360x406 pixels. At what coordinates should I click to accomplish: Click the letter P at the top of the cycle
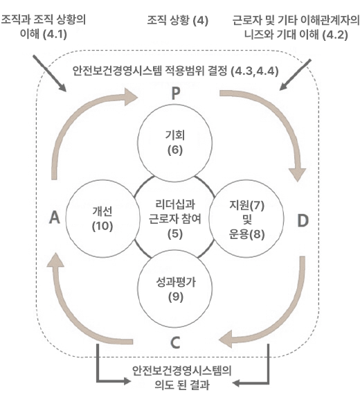pos(176,94)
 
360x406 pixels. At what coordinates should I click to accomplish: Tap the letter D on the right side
pos(303,220)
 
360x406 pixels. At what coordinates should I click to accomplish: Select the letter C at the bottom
pos(175,343)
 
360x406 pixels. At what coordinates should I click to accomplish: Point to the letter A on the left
pos(55,217)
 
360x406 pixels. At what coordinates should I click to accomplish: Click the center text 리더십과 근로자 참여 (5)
pos(175,219)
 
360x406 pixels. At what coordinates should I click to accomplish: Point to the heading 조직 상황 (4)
pos(178,20)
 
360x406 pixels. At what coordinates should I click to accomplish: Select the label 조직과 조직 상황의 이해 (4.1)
pos(44,26)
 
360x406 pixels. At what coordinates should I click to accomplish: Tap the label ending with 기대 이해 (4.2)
pos(296,27)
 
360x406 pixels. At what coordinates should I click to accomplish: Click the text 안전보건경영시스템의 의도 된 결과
pos(182,378)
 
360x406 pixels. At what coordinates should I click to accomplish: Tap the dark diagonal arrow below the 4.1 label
pos(49,73)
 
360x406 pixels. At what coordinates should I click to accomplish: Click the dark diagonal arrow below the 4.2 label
pos(296,75)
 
